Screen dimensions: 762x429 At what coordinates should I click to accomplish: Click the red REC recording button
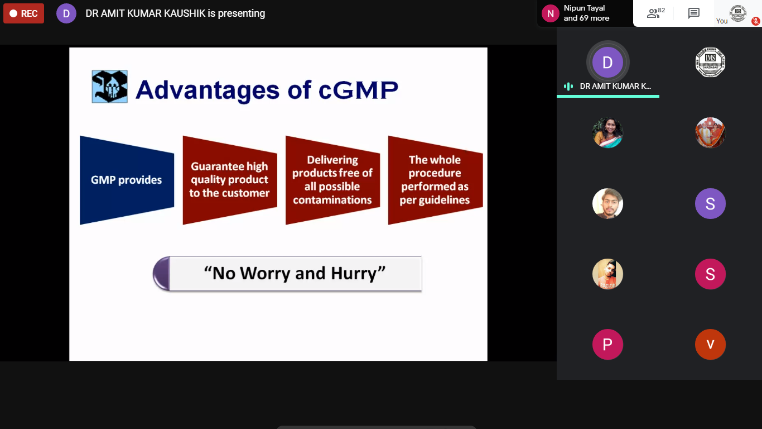coord(24,13)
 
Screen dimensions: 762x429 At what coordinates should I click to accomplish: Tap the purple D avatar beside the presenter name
coord(66,13)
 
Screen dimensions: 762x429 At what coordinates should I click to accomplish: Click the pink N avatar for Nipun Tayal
coord(550,13)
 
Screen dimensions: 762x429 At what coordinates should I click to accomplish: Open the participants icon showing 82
coord(655,13)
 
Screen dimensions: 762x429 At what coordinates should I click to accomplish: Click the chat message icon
coord(693,13)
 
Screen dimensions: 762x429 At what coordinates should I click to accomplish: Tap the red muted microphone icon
coord(755,21)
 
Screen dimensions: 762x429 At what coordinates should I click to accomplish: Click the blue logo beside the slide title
coord(109,87)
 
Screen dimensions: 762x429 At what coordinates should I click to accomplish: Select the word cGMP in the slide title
coord(358,90)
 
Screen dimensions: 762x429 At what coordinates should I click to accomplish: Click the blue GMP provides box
coord(127,180)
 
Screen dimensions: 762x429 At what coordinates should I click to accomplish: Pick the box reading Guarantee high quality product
coord(230,180)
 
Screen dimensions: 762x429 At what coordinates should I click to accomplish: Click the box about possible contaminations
coord(332,180)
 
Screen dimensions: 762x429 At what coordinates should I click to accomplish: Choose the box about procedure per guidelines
coord(435,180)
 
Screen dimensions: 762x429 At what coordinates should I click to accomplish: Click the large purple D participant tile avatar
coord(607,63)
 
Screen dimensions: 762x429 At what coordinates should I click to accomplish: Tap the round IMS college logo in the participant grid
coord(710,63)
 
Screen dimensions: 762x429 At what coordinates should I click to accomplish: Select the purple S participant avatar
coord(710,203)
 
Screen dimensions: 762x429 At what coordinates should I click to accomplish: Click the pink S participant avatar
coord(710,274)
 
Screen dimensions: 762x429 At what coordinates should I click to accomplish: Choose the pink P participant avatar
coord(607,345)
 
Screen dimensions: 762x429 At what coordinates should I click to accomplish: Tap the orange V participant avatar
coord(710,345)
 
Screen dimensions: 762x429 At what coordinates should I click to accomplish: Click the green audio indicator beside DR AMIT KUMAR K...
coord(568,86)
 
